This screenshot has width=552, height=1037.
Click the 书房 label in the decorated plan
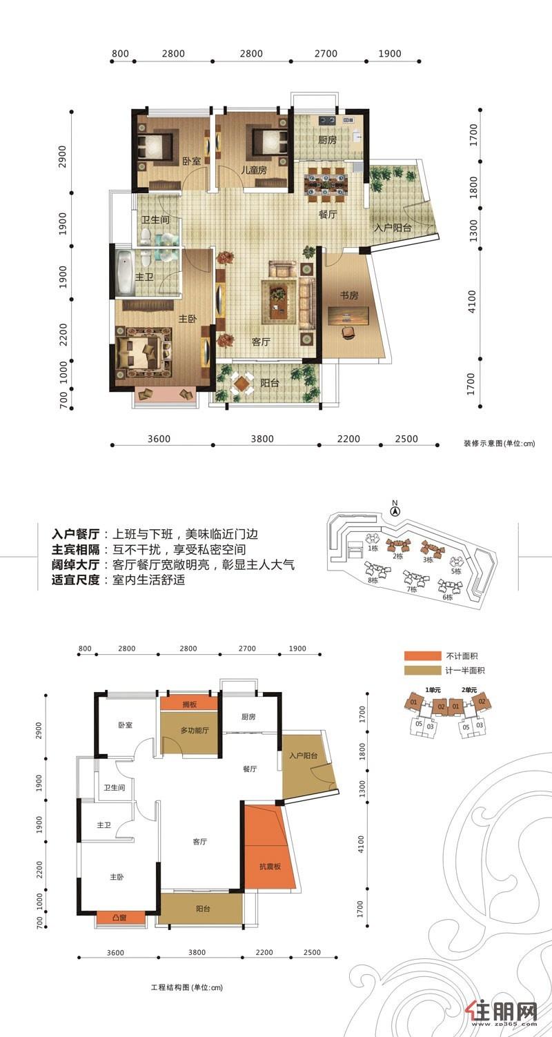(348, 295)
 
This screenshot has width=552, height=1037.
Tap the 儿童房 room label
(253, 170)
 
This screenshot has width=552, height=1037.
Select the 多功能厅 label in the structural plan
(195, 730)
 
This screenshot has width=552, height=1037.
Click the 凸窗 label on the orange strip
(121, 918)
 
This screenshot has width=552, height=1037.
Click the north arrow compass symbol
(395, 512)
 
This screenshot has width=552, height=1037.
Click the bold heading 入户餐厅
(77, 535)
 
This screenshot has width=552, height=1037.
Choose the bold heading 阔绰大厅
(77, 565)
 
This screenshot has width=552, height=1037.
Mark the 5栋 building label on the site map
(456, 570)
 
